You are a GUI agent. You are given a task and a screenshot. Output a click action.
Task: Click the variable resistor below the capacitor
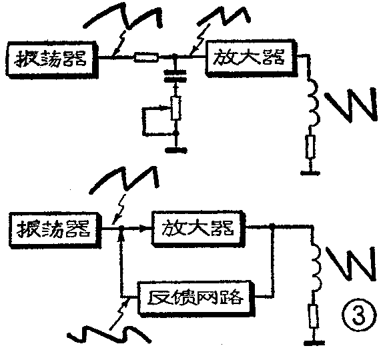(175, 109)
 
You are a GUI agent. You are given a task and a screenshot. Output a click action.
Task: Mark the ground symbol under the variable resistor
(175, 148)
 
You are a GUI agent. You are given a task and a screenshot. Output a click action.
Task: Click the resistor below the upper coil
(310, 146)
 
